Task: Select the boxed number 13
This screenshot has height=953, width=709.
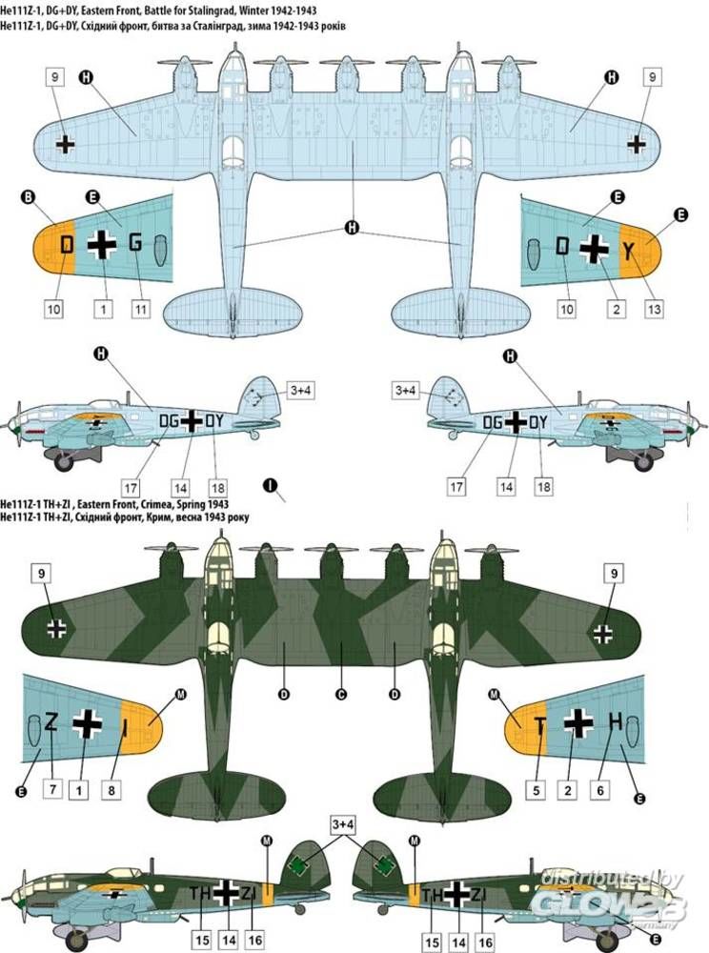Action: [654, 309]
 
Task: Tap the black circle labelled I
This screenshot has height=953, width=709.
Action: [272, 486]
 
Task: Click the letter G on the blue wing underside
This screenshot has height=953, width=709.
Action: [134, 243]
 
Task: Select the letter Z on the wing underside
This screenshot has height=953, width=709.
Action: [51, 721]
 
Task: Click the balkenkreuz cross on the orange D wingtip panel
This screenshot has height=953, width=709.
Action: [101, 245]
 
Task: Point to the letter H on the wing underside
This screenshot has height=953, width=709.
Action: [615, 723]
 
